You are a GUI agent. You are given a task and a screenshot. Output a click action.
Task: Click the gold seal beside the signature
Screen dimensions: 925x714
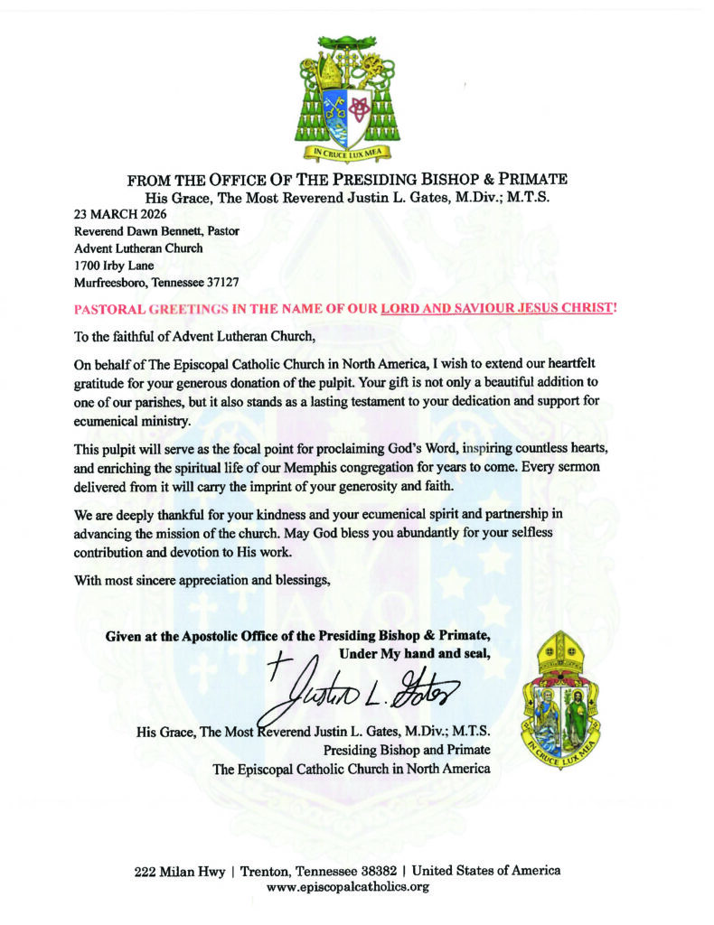click(564, 695)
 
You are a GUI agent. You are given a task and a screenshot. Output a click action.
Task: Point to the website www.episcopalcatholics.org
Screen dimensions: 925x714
click(347, 887)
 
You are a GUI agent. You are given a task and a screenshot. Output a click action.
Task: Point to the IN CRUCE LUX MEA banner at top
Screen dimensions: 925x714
click(347, 153)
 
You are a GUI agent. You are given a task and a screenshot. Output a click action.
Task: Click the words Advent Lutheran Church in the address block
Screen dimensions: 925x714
click(138, 248)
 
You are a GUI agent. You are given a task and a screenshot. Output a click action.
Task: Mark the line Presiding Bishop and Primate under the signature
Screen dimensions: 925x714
click(407, 750)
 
